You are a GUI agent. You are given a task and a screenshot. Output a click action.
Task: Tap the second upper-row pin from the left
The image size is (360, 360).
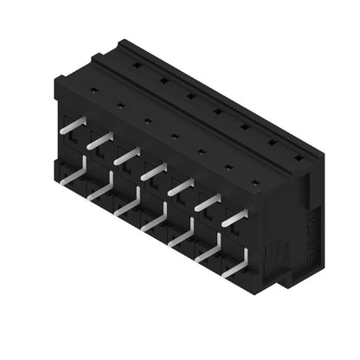(x=99, y=139)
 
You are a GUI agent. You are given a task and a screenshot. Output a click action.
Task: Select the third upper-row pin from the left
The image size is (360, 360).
(x=125, y=155)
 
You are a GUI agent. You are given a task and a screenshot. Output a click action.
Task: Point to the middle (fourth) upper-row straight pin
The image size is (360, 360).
(x=153, y=171)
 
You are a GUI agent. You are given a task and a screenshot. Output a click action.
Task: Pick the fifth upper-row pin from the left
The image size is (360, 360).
(x=180, y=187)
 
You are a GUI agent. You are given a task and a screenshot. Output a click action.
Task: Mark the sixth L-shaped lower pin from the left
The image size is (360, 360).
(x=208, y=253)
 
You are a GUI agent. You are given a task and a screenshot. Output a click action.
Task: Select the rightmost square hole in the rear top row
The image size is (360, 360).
(x=299, y=157)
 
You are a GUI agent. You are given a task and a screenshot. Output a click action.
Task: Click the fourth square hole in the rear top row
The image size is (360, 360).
(x=216, y=110)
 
